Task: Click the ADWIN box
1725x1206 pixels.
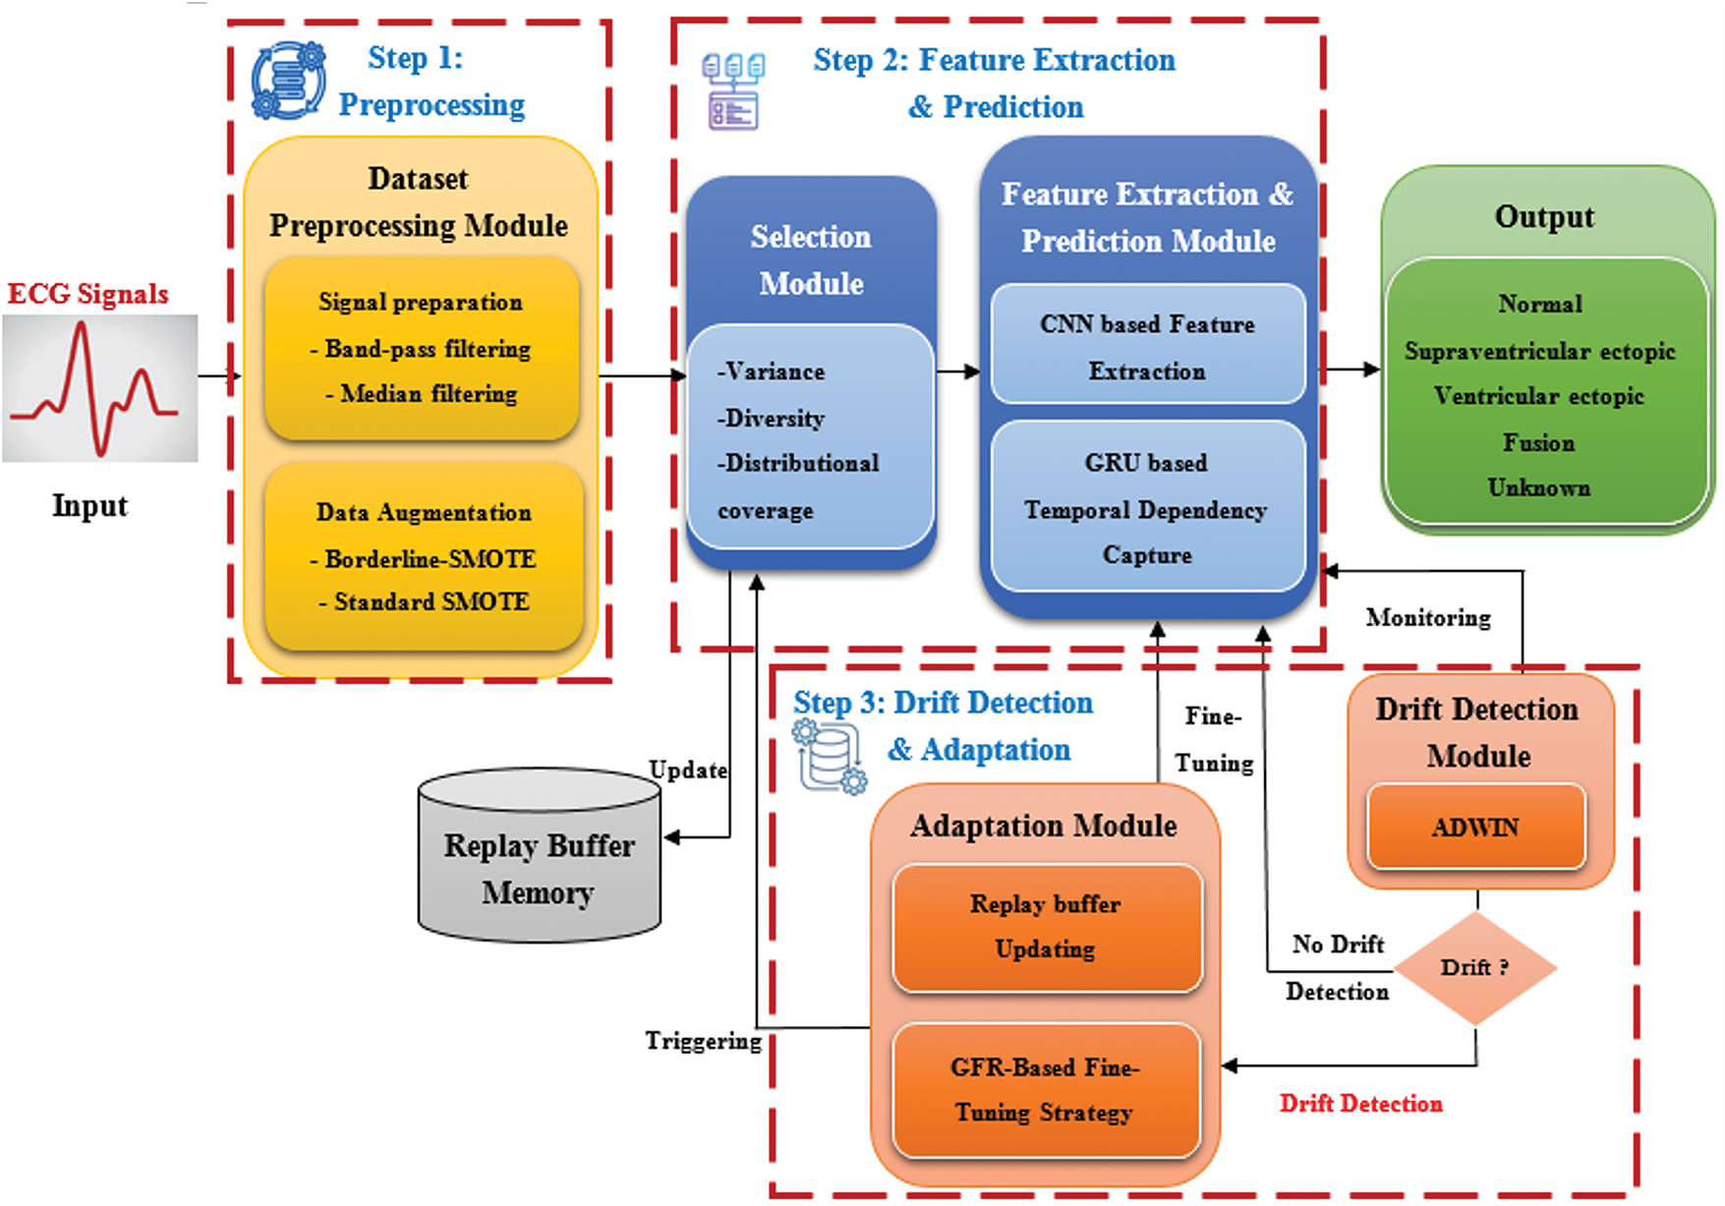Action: (1476, 827)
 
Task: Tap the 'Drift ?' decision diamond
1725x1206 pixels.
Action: (1475, 968)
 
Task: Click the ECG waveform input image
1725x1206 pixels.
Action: (99, 388)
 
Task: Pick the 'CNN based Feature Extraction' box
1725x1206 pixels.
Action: (1148, 345)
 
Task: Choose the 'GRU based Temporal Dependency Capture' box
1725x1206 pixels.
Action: (1148, 507)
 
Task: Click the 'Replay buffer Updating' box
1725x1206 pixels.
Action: (1047, 928)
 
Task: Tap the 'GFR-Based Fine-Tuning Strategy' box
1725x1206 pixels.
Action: (1047, 1090)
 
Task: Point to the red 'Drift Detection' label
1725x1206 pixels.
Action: (1361, 1104)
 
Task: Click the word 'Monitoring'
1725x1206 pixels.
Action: (1428, 617)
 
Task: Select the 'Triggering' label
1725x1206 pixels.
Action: (704, 1041)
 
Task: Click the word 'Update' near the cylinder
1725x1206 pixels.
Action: (688, 770)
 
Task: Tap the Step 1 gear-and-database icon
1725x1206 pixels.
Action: (288, 81)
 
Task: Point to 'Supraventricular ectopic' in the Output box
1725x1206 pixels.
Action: (1539, 351)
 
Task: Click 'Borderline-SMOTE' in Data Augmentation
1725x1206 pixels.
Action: (431, 558)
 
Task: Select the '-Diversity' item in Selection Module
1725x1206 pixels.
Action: (771, 419)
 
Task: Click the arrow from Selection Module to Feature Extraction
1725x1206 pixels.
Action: (959, 372)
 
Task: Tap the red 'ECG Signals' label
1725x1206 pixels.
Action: (87, 294)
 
